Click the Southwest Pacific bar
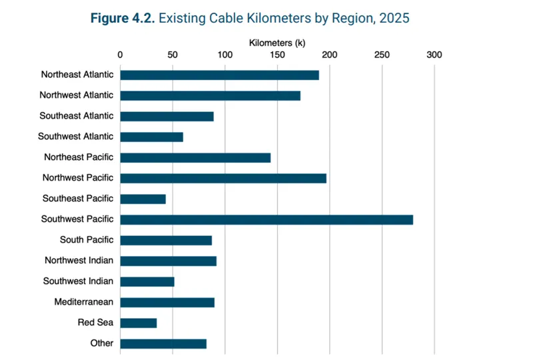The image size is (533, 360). [266, 220]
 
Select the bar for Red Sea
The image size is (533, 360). [139, 323]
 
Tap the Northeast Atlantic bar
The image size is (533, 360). [220, 75]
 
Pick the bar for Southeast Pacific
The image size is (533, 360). [143, 199]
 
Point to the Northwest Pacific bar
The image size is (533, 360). [223, 178]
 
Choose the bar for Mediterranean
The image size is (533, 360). [167, 303]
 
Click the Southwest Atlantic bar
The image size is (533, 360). [152, 137]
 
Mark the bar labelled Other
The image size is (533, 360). [163, 344]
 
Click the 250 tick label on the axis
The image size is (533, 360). [382, 55]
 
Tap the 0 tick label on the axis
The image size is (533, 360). [120, 55]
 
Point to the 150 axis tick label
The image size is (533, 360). [277, 55]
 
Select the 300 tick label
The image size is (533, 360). [434, 55]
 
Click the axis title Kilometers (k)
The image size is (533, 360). [277, 43]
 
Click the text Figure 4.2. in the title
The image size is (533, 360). [123, 18]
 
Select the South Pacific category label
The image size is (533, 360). [87, 239]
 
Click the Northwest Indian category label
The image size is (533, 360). [79, 260]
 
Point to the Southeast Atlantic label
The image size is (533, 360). [76, 116]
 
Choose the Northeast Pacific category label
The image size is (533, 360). [79, 157]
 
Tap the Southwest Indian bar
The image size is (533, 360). [147, 282]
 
